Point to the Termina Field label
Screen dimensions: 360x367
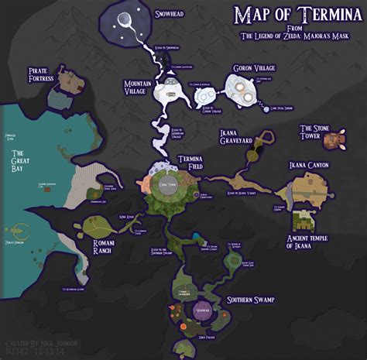(x=190, y=162)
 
